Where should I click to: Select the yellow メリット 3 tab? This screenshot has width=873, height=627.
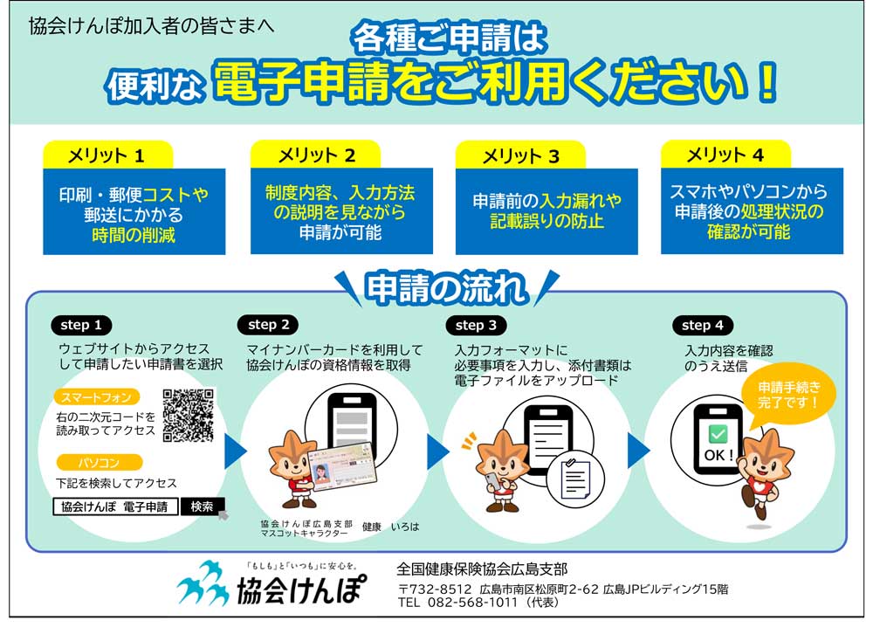tap(520, 155)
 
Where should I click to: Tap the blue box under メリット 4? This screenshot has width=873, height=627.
tap(752, 211)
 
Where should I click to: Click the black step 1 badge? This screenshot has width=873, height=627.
tap(81, 325)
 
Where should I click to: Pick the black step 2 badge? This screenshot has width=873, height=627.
tap(268, 325)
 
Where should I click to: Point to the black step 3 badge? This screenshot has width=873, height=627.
tap(476, 325)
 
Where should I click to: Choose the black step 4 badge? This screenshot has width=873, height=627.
tap(703, 325)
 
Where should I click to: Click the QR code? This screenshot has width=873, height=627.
tap(189, 416)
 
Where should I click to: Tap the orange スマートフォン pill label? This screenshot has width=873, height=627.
tap(96, 397)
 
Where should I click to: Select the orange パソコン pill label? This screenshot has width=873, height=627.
tap(100, 463)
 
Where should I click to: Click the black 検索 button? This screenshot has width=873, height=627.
tap(203, 506)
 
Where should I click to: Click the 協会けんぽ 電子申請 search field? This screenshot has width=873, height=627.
tap(116, 506)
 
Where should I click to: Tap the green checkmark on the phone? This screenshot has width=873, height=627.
tap(718, 434)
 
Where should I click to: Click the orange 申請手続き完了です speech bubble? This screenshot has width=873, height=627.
tap(788, 396)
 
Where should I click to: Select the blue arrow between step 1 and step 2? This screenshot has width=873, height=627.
tap(234, 451)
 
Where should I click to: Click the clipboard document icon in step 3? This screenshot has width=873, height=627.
tap(575, 479)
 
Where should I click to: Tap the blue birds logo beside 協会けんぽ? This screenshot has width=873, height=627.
tap(203, 583)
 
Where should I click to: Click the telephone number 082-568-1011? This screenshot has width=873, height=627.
tap(472, 603)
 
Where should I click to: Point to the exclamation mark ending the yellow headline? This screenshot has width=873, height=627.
tap(767, 82)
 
